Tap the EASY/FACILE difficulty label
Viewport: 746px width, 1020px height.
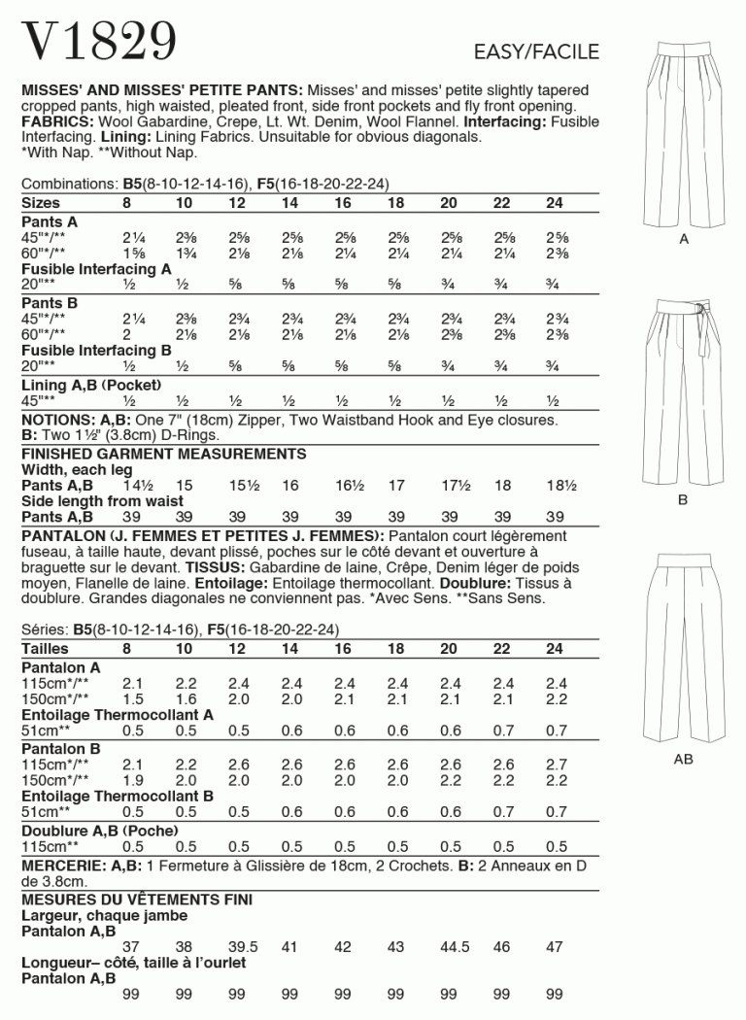536,52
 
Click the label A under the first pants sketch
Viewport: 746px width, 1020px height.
683,239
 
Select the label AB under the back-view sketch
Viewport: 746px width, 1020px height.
683,759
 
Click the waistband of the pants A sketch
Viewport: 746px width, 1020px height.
683,55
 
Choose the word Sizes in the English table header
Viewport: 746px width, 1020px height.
41,203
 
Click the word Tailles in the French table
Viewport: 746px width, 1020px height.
45,648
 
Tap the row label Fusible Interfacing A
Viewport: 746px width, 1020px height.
96,268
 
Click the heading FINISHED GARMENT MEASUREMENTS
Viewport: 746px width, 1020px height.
163,454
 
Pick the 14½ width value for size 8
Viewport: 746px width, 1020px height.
140,485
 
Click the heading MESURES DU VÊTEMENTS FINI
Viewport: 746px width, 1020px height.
137,900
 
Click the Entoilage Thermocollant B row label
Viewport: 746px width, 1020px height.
117,796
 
